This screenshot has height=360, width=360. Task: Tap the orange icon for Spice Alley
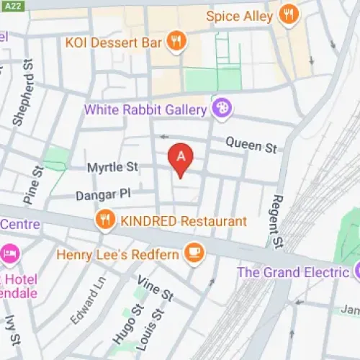pyautogui.click(x=289, y=14)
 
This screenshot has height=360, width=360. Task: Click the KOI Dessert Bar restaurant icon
pyautogui.click(x=176, y=41)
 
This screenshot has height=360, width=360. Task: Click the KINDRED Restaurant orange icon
pyautogui.click(x=106, y=220)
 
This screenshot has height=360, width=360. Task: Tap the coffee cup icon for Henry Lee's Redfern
pyautogui.click(x=194, y=252)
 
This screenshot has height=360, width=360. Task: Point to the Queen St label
pyautogui.click(x=251, y=145)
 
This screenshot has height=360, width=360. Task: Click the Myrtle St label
pyautogui.click(x=112, y=167)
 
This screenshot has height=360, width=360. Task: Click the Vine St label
pyautogui.click(x=156, y=289)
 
